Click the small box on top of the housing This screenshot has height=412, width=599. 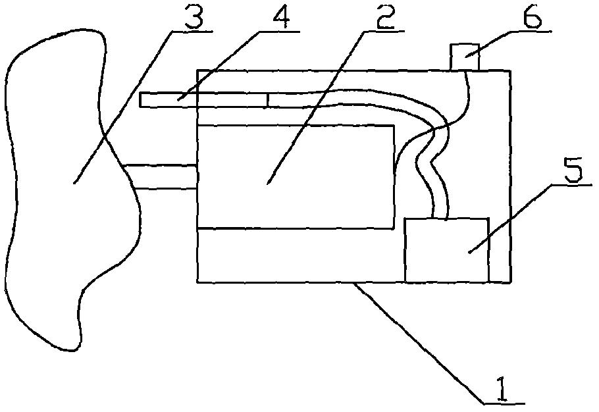tap(465, 57)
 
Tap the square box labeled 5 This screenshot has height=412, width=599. tap(446, 250)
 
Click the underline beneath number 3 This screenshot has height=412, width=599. tap(191, 30)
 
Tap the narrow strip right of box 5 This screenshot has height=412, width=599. tap(499, 250)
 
